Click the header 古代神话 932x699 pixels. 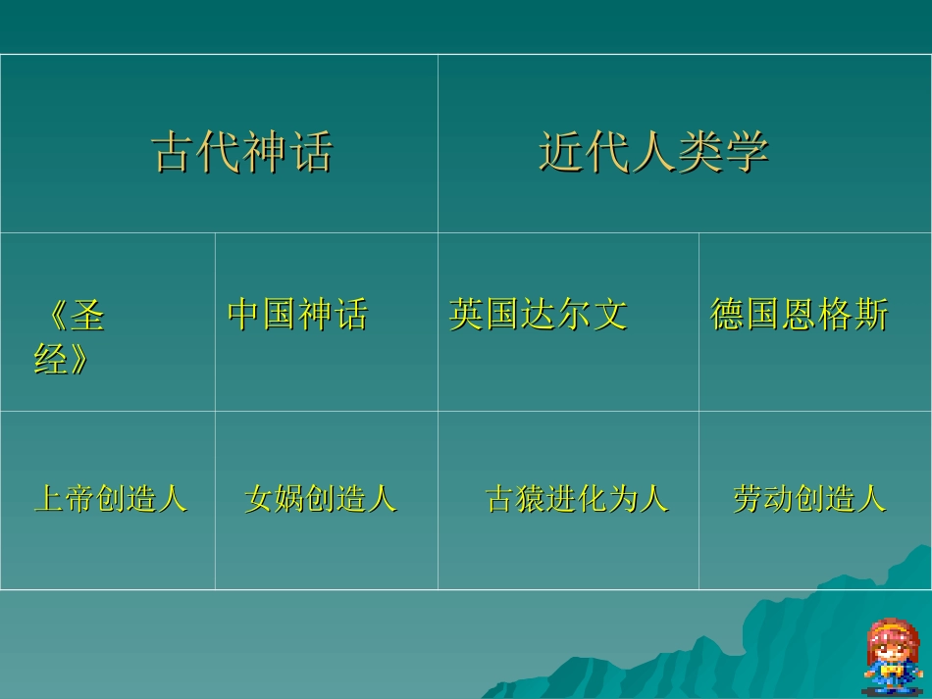(241, 152)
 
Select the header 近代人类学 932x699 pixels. (652, 152)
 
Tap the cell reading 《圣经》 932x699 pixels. (69, 338)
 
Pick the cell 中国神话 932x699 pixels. (297, 315)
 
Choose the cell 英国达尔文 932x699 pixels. (538, 315)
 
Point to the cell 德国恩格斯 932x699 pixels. (799, 315)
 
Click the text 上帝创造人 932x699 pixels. (110, 499)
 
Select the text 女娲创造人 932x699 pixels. (320, 499)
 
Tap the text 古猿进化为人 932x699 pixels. (577, 499)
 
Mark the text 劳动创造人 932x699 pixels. (808, 499)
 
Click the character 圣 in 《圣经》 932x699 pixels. (88, 316)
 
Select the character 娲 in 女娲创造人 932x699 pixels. (289, 499)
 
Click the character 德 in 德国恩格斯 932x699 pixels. (727, 315)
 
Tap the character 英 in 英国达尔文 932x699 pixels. (466, 315)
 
